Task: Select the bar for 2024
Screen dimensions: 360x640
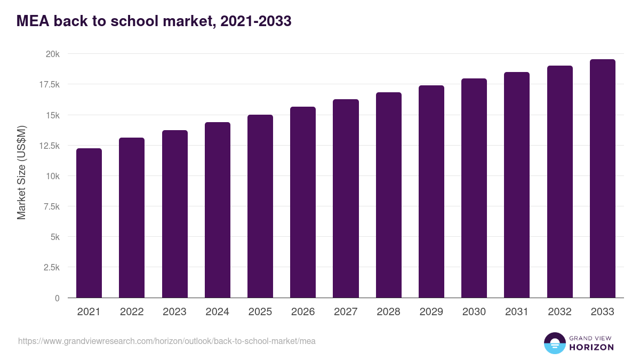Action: tap(218, 210)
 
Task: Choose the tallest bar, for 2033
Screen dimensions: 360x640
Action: tap(602, 179)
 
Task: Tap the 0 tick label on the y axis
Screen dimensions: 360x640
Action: tap(57, 298)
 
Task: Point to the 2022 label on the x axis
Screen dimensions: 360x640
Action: tap(132, 312)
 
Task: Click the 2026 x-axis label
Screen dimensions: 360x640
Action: tap(303, 312)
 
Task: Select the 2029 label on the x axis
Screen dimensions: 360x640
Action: tap(431, 312)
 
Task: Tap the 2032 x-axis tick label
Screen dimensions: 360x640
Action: tap(559, 312)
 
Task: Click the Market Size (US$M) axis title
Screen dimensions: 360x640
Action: tap(21, 172)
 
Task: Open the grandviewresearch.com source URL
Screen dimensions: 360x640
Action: tap(167, 341)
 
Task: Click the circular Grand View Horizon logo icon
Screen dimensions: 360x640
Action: tap(554, 343)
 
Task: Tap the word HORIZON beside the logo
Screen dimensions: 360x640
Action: tap(591, 347)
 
